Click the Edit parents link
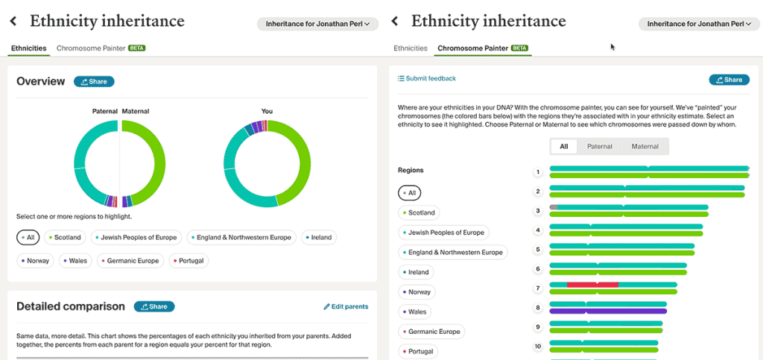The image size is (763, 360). (x=345, y=306)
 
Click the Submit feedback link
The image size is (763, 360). (x=426, y=78)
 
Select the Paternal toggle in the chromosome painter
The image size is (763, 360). (x=599, y=146)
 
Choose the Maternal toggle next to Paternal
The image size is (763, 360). (x=645, y=146)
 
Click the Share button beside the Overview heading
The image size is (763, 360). (x=94, y=81)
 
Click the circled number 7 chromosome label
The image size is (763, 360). (x=537, y=288)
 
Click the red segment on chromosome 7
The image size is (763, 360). (x=592, y=284)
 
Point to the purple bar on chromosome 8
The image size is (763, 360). (x=607, y=311)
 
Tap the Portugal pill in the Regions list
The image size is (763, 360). (x=421, y=351)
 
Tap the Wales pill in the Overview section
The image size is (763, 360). (x=75, y=261)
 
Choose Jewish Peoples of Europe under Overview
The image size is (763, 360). (x=136, y=238)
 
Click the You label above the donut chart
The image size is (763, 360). (x=267, y=111)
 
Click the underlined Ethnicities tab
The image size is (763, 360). (x=28, y=48)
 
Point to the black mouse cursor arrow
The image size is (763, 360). (x=612, y=47)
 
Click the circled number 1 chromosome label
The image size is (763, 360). (x=537, y=172)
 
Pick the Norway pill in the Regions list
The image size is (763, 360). (x=418, y=291)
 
